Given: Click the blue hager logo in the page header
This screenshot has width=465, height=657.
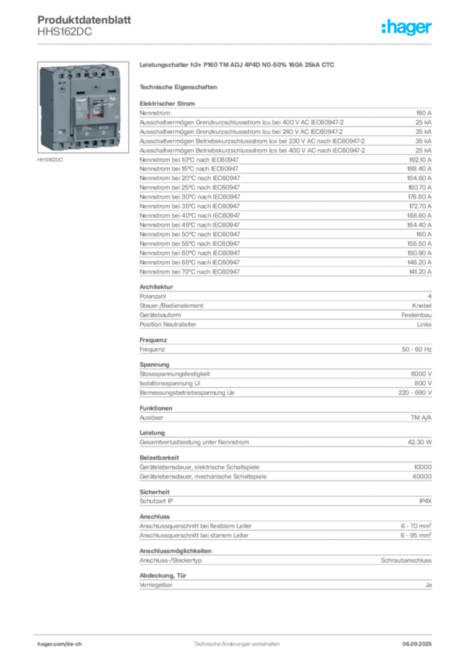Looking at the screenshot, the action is coord(407,28).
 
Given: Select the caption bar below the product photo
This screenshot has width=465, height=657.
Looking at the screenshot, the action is coord(51,161).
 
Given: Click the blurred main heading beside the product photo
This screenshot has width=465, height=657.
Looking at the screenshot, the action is coord(238,65).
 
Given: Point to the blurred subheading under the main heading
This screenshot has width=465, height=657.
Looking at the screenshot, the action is coord(180,87).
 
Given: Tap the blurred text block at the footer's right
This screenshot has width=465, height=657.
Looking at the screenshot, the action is coord(422,640).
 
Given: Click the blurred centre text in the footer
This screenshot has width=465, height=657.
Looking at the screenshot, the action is coord(238,641).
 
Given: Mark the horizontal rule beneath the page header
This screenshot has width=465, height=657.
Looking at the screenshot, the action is coord(236,44).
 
